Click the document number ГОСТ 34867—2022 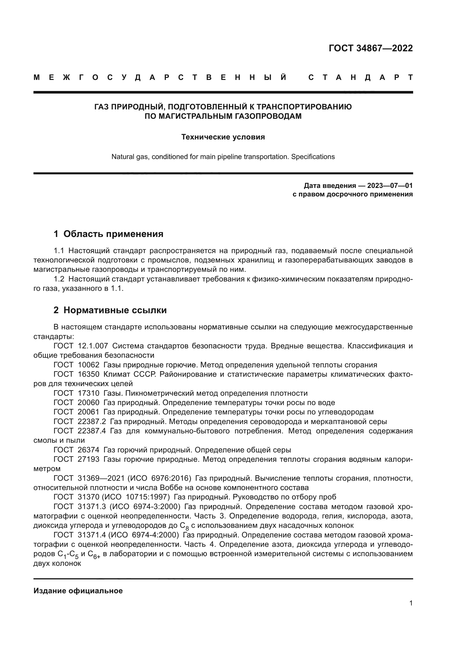coord(371,48)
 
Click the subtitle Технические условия coord(223,137)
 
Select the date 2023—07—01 coord(390,185)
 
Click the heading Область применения coord(113,234)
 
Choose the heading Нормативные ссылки coord(115,310)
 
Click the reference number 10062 coord(89,365)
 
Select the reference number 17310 coord(89,393)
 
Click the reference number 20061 coord(88,412)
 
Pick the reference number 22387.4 coord(92,431)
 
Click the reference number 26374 coord(89,450)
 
